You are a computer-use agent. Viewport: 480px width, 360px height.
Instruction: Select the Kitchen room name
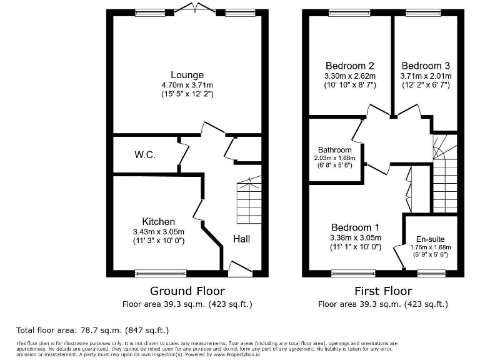click(x=158, y=222)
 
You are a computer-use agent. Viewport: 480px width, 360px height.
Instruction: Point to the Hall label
click(x=243, y=239)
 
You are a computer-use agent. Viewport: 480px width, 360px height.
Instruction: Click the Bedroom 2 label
click(x=350, y=66)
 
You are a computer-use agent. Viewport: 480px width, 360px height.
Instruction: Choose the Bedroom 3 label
click(x=425, y=66)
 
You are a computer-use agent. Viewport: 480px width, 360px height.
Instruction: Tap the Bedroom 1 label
click(x=355, y=227)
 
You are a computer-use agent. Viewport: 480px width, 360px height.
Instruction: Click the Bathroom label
click(x=334, y=150)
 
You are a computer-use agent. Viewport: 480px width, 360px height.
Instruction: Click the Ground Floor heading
click(x=187, y=291)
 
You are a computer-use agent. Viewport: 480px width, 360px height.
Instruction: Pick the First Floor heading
click(x=382, y=291)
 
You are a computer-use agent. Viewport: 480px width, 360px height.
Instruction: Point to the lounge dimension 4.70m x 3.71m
click(x=187, y=86)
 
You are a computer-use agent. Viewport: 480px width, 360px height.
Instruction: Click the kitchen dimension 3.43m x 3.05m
click(x=158, y=232)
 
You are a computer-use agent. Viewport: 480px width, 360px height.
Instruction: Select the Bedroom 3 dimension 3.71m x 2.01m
click(x=425, y=76)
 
